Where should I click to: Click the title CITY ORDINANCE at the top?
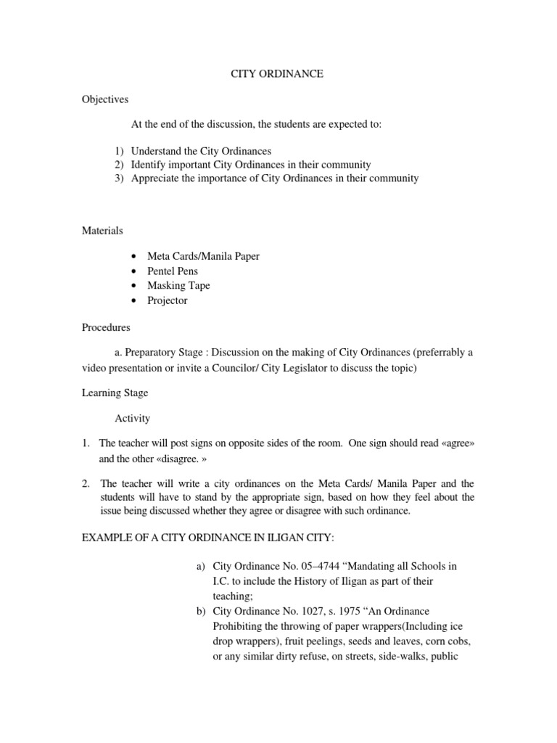click(x=278, y=74)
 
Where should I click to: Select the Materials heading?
click(x=102, y=231)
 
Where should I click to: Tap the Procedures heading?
click(x=106, y=327)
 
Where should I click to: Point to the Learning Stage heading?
click(x=115, y=393)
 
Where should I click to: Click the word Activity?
click(x=132, y=418)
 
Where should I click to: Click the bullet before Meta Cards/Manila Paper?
click(x=135, y=257)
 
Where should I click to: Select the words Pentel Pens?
click(x=173, y=271)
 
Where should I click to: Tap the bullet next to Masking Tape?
click(x=135, y=286)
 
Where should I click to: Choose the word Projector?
click(x=167, y=300)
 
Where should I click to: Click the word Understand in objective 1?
click(x=156, y=151)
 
